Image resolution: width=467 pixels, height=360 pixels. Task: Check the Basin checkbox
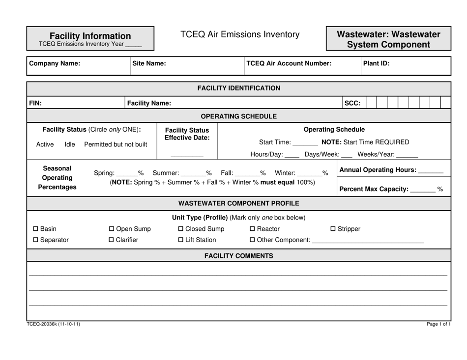pos(35,229)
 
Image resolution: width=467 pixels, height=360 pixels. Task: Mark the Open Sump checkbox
pos(112,229)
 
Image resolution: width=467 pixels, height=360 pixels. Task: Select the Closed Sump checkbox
pos(180,229)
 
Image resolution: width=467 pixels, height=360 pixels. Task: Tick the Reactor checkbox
pos(253,229)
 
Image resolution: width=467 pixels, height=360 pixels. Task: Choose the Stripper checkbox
pos(333,229)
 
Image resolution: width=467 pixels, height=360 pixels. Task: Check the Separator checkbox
pos(35,240)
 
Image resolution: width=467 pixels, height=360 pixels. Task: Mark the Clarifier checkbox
pos(112,240)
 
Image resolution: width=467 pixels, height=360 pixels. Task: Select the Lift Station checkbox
pos(180,240)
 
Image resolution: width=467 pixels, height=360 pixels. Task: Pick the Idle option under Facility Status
pos(70,144)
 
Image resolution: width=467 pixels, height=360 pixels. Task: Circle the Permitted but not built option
pos(116,144)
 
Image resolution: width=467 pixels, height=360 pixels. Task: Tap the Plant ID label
pos(376,63)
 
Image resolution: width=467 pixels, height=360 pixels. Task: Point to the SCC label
pos(352,103)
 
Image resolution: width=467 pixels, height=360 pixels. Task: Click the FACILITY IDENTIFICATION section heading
pos(239,88)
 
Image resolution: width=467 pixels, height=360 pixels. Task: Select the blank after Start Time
pos(304,143)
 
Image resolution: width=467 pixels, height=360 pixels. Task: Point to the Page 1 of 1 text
pos(438,325)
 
